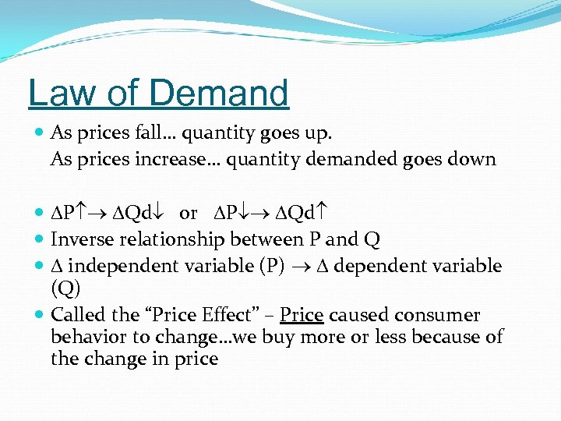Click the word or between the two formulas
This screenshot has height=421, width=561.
(188, 214)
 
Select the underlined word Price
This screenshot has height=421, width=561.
(302, 315)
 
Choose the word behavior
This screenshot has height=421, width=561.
(84, 338)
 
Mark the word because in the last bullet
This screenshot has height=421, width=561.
(442, 338)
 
